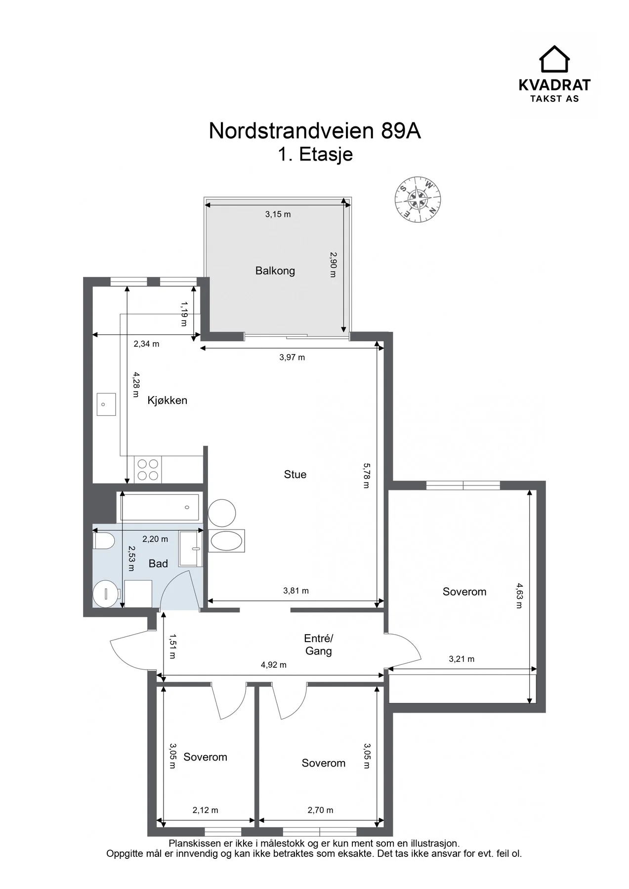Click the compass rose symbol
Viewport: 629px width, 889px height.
[418, 200]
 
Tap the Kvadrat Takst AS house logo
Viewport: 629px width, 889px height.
[554, 59]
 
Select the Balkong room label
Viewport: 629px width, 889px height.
[275, 271]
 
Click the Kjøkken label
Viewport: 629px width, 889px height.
[168, 400]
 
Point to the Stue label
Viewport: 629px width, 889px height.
[295, 474]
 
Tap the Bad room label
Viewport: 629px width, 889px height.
[158, 564]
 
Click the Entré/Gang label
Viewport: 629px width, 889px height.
[318, 645]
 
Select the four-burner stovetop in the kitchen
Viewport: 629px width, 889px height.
[148, 469]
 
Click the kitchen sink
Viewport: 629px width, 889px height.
[105, 404]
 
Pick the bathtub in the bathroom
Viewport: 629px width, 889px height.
[160, 507]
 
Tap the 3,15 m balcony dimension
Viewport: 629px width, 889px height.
[278, 214]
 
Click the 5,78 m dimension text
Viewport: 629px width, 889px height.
[366, 475]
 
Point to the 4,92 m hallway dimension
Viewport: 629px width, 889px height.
[274, 665]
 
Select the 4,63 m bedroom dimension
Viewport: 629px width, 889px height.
[518, 596]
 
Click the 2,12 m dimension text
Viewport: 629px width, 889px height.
[205, 810]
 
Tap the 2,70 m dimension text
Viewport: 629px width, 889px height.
[320, 810]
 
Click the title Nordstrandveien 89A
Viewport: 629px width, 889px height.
[315, 131]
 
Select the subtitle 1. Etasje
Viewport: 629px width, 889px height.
[315, 154]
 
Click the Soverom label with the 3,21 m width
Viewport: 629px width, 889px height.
[464, 592]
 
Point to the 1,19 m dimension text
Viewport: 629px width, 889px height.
[184, 314]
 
